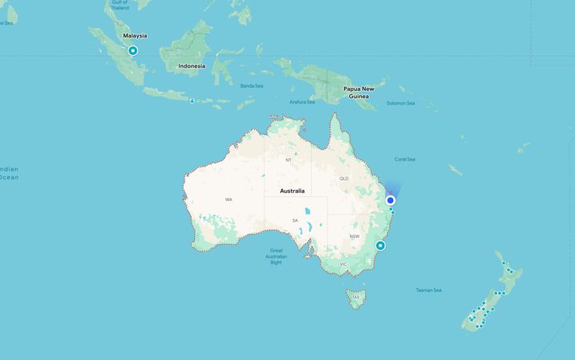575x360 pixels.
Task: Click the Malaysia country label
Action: [134, 36]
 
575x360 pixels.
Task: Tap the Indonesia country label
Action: [192, 66]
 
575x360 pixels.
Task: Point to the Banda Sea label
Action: [252, 85]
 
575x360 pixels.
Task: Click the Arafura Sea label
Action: [303, 102]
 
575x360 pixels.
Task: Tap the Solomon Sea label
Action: [401, 103]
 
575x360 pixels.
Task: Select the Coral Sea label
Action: [404, 160]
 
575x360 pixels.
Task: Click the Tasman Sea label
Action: [429, 291]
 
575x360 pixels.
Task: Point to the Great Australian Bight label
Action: [276, 256]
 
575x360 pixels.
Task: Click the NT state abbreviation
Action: [289, 160]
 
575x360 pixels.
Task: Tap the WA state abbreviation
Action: [228, 200]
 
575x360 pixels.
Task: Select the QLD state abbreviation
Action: [344, 179]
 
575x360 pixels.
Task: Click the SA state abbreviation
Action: [295, 220]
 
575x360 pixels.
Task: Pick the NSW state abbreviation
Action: [355, 237]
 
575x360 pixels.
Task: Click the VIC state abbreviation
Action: [343, 264]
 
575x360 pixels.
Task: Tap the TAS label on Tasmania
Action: [355, 299]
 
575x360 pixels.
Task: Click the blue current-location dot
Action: [391, 200]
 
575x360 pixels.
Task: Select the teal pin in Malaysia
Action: [133, 50]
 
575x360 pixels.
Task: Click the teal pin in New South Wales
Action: [381, 246]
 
